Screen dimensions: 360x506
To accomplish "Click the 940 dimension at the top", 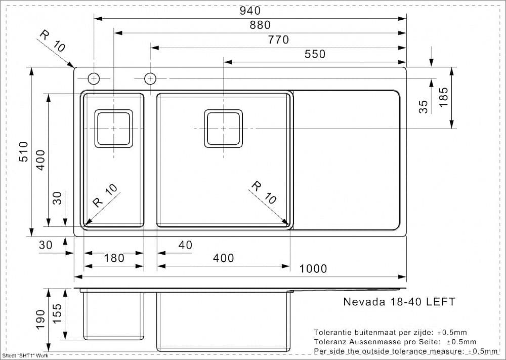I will (x=250, y=10).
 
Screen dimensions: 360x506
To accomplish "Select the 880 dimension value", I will (x=260, y=25).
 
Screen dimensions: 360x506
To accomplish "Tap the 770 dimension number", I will (x=278, y=39).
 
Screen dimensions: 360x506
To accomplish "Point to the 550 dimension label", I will (x=315, y=54).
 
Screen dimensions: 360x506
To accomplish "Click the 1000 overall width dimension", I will (x=313, y=269).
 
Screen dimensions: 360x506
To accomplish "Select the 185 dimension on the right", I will (x=443, y=97).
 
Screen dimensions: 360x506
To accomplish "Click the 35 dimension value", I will (x=424, y=106).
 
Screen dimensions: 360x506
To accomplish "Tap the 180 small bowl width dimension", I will (x=114, y=258).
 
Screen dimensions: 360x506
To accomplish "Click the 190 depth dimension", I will (x=40, y=320).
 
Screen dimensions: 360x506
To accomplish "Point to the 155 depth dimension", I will (x=57, y=314).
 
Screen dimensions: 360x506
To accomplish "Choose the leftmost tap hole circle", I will (x=94, y=78).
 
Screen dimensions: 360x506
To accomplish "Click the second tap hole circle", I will (x=150, y=78).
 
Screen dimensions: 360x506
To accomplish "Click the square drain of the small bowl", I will (x=114, y=129).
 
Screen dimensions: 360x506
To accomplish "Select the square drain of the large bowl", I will (x=223, y=129).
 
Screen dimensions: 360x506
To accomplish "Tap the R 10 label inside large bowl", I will (x=264, y=192).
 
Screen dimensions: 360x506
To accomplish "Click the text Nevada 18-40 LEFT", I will (x=399, y=302).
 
